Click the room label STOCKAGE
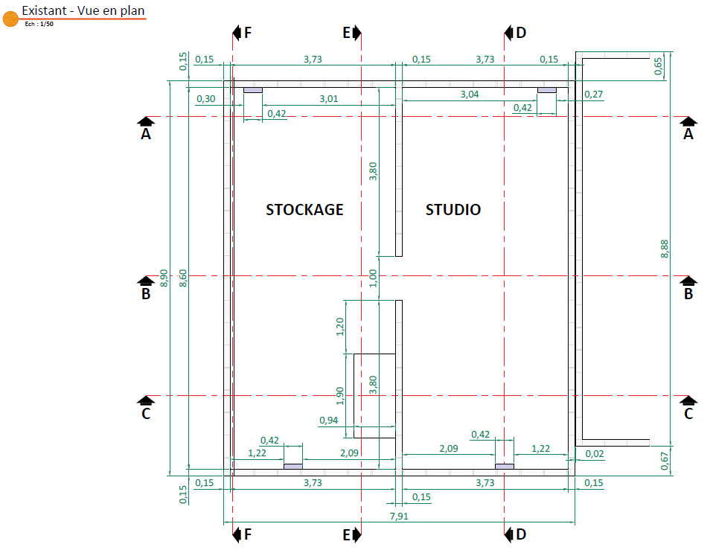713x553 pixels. [304, 210]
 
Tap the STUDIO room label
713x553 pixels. [453, 210]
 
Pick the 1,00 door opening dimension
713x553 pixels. [374, 278]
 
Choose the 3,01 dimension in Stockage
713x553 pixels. [328, 98]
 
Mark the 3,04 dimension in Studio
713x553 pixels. [470, 95]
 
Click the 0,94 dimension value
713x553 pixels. [328, 421]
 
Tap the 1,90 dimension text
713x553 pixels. [340, 396]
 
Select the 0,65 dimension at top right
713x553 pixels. [658, 66]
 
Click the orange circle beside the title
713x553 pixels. [10, 19]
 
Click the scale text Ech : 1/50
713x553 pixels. [39, 24]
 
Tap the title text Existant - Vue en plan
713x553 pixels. [83, 10]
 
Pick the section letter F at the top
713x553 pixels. [248, 32]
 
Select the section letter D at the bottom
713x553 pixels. [521, 534]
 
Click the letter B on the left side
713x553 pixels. [146, 294]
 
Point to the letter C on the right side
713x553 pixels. [688, 414]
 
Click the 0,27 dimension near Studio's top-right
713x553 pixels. [594, 95]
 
